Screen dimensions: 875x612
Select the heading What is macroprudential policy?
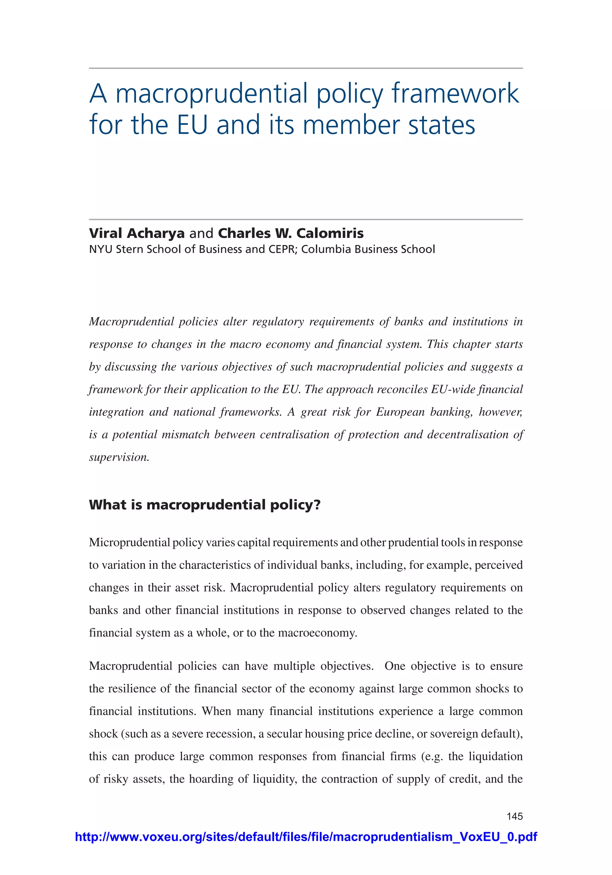[x=204, y=505]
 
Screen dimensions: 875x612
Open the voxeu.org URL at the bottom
[x=306, y=836]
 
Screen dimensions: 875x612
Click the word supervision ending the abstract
[x=119, y=457]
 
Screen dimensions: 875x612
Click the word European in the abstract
[x=400, y=412]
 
